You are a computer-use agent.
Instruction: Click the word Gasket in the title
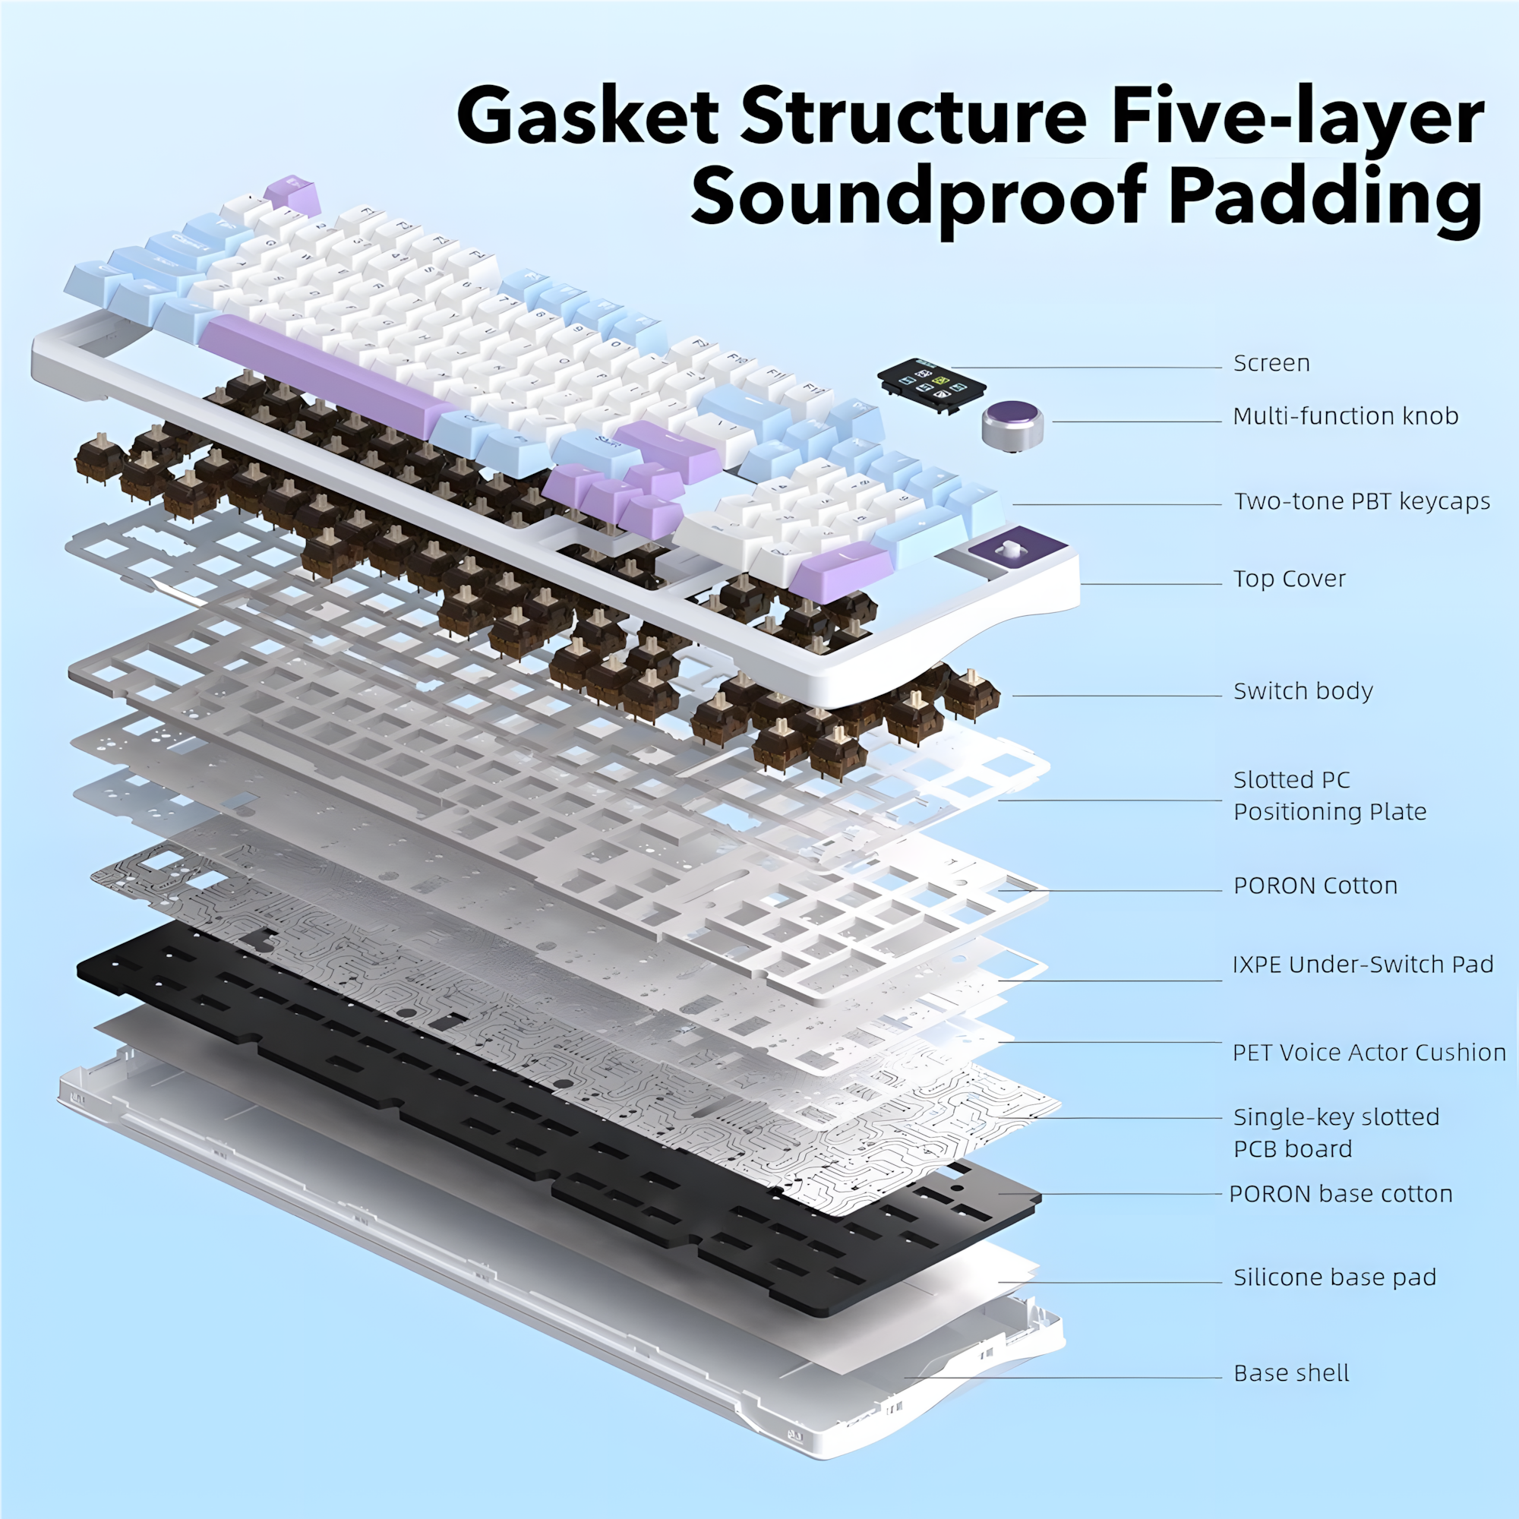587,118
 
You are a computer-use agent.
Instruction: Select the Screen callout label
1271,363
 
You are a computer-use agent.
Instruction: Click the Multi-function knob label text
1345,416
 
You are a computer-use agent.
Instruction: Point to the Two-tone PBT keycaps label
1362,501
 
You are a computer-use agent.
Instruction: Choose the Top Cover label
1290,579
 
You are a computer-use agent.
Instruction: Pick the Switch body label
1303,691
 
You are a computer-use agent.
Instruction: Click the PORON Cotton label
1315,886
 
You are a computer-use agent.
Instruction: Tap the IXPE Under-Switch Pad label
1363,964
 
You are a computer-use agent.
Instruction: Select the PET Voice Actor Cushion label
1369,1052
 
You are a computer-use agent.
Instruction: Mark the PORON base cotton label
1341,1193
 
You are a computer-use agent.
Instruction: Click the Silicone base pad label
1334,1277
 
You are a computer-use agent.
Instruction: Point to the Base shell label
1291,1372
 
